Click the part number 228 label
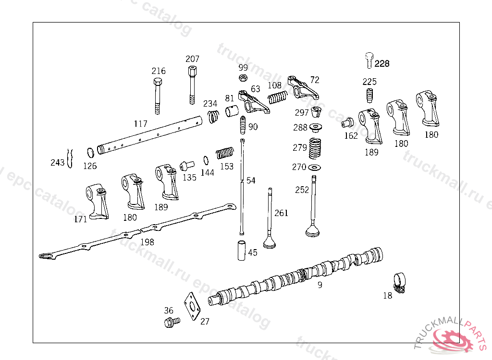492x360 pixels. [x=382, y=64]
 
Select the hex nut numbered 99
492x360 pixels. [x=243, y=77]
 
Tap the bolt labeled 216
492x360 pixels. [x=158, y=96]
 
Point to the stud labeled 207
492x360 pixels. [x=192, y=84]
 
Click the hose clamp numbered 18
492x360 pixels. [x=399, y=283]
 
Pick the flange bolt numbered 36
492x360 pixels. [x=172, y=322]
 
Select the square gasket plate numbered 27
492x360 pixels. [x=192, y=306]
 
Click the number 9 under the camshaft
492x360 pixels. [x=320, y=285]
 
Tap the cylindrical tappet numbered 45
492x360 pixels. [x=241, y=250]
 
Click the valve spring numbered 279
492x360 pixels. [x=315, y=149]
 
